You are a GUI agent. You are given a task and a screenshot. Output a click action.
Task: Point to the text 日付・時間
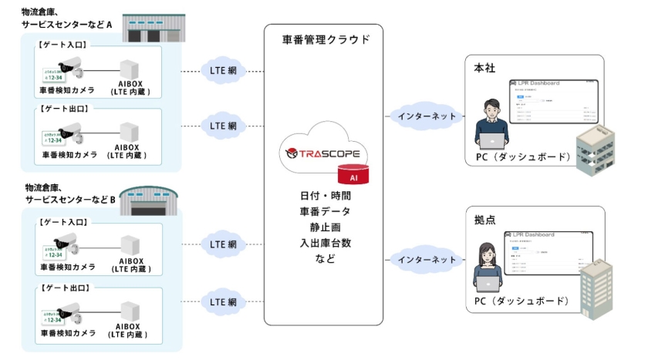point(325,196)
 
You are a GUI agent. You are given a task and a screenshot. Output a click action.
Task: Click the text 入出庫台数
point(325,243)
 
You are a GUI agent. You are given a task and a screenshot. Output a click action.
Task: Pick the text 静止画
point(325,227)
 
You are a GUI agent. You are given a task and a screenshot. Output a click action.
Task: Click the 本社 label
point(484,68)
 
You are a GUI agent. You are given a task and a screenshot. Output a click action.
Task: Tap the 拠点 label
point(484,220)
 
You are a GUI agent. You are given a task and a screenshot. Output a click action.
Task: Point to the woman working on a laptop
point(491,267)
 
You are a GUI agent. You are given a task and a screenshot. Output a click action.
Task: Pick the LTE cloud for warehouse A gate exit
point(223,125)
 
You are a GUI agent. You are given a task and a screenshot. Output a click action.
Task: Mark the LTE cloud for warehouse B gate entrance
point(223,244)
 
